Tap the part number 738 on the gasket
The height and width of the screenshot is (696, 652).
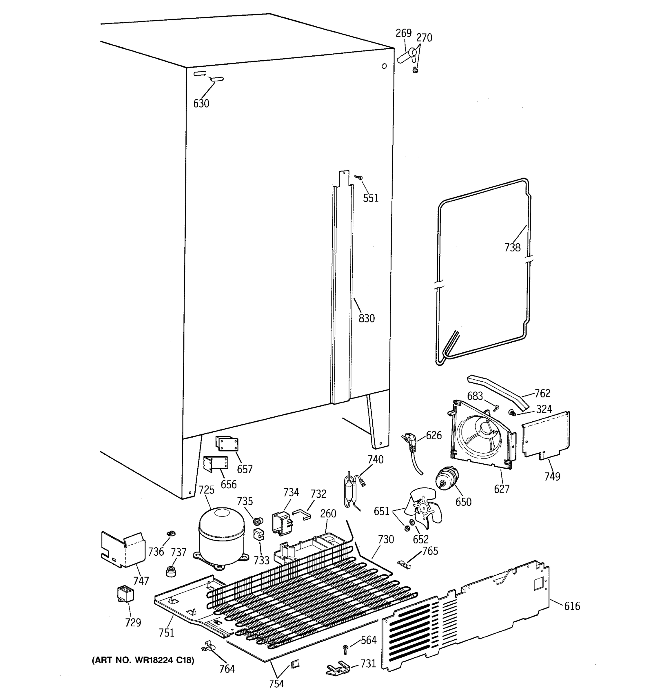(x=512, y=248)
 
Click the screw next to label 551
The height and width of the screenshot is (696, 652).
(x=358, y=177)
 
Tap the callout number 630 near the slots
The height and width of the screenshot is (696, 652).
(x=201, y=103)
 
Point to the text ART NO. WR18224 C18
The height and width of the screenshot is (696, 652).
(x=143, y=660)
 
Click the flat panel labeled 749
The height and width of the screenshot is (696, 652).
(x=546, y=435)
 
